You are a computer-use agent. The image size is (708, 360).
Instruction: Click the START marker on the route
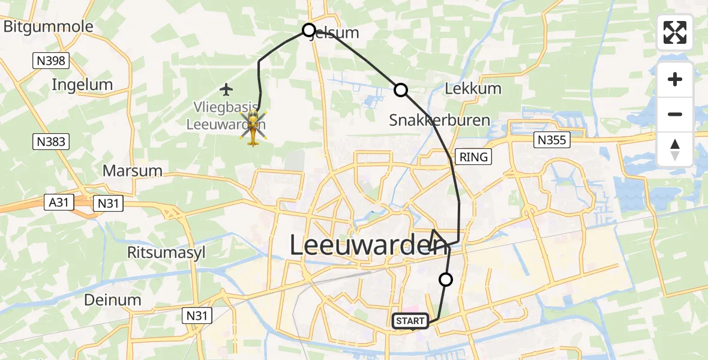tap(411, 321)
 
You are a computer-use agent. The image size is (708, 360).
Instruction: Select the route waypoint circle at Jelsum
tap(309, 30)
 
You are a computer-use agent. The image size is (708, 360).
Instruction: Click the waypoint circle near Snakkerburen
tap(400, 90)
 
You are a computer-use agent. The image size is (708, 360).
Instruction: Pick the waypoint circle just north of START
tap(446, 279)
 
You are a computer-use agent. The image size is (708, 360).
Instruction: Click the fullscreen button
tap(675, 32)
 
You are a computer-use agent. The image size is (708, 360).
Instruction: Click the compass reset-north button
tap(675, 149)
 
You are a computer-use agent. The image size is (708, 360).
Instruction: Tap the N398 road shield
tap(51, 61)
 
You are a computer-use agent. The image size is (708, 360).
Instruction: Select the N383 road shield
tap(51, 142)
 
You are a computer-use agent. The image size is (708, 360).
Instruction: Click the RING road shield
tap(474, 157)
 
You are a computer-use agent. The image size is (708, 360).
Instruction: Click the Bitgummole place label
tap(48, 26)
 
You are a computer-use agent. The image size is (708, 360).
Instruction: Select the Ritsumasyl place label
tap(166, 252)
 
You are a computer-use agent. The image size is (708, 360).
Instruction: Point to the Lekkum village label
tap(473, 89)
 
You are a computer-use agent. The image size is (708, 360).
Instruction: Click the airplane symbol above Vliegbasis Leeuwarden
tap(226, 90)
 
